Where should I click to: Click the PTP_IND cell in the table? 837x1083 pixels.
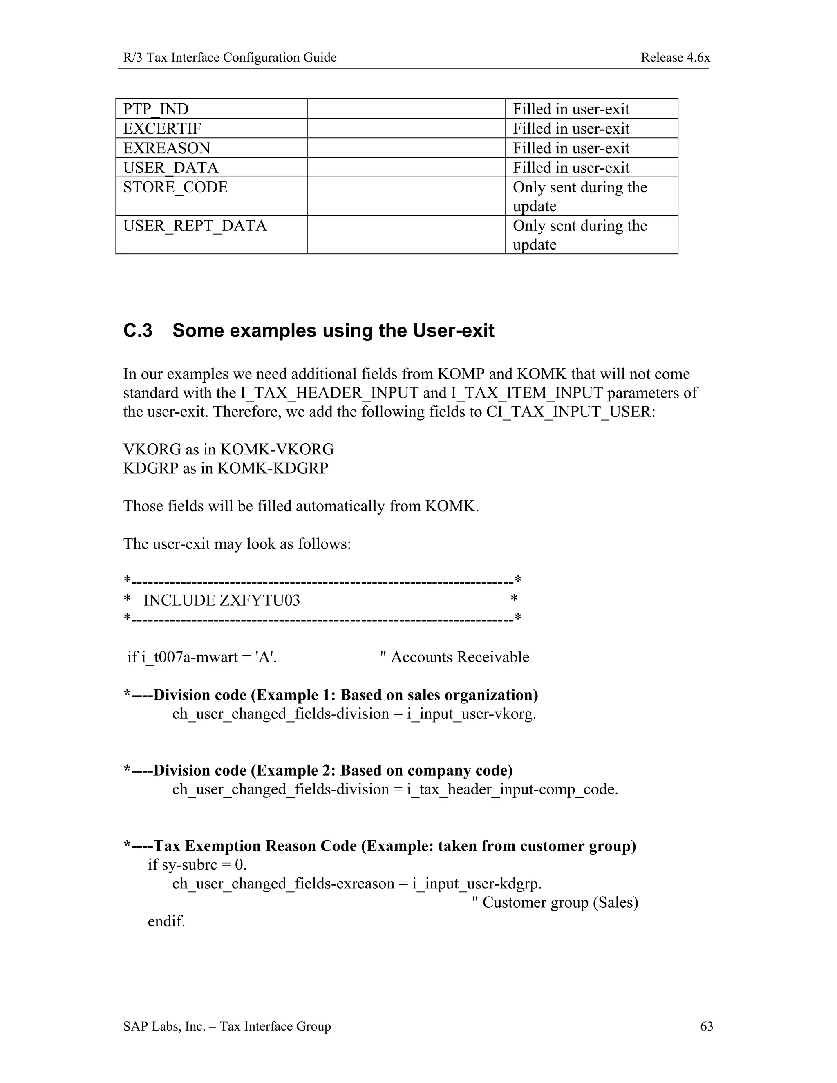coord(156,109)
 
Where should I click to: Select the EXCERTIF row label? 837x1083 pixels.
coord(162,129)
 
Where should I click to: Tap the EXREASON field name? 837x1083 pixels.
coord(167,148)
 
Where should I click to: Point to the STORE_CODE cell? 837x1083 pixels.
coord(175,188)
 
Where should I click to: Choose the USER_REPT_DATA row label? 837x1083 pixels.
coord(195,226)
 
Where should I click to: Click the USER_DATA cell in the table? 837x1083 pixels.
coord(170,168)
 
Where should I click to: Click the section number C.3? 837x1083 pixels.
coord(138,331)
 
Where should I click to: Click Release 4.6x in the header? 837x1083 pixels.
coord(675,58)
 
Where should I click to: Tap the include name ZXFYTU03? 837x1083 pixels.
coord(260,600)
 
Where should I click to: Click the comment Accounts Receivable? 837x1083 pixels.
coord(460,657)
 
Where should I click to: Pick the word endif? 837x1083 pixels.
coord(166,921)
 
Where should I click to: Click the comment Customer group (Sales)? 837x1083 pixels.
coord(560,902)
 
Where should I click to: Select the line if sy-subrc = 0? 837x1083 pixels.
coord(197,865)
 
